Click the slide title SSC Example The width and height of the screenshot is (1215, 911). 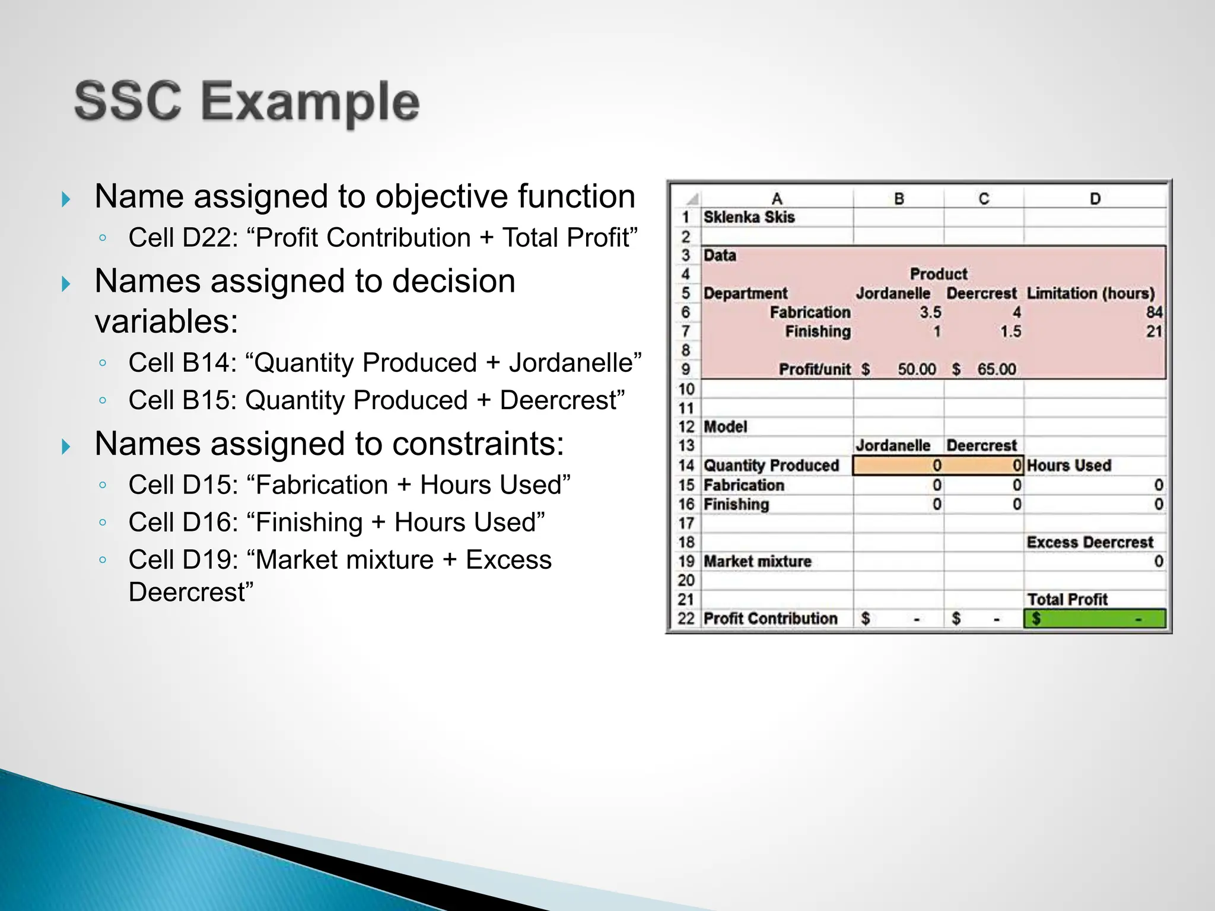pos(247,102)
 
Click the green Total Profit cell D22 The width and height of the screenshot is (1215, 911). pos(1094,619)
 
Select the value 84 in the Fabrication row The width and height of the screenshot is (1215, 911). pos(1153,312)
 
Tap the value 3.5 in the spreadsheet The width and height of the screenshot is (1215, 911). pos(930,312)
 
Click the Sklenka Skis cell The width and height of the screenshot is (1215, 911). pos(749,217)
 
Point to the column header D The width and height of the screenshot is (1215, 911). pos(1095,199)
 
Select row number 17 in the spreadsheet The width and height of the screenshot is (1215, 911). pos(686,523)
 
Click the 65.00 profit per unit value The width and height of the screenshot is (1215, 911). pos(996,369)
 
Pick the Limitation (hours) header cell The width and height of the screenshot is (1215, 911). pos(1090,293)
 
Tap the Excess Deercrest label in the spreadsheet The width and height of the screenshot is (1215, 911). pos(1090,542)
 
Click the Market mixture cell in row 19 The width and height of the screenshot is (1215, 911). pos(757,561)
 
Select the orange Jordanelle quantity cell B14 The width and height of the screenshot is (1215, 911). pos(898,466)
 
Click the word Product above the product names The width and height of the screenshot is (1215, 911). pos(938,274)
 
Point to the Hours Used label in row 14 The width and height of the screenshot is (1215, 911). pos(1068,466)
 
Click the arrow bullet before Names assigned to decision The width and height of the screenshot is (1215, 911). pos(66,284)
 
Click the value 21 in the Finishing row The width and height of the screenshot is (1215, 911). pos(1153,331)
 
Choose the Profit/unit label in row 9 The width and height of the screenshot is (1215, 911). pos(814,369)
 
